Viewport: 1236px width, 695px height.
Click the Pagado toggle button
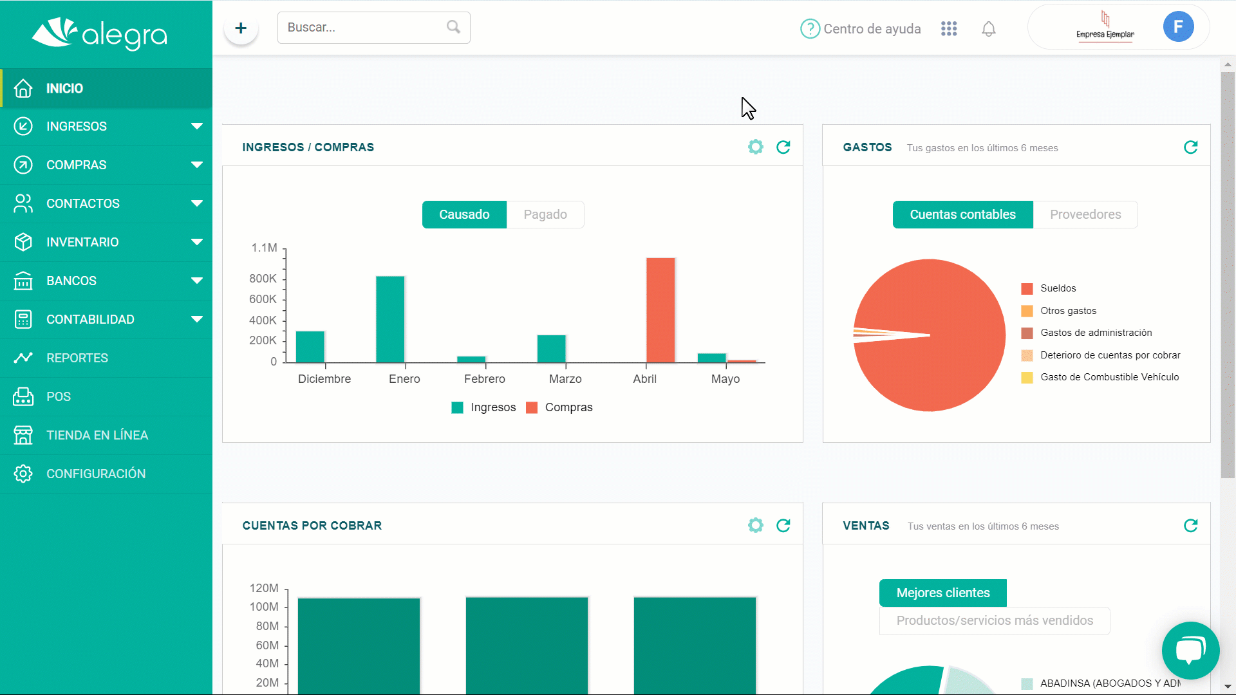click(x=545, y=214)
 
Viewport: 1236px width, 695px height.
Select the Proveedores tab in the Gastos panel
click(x=1085, y=214)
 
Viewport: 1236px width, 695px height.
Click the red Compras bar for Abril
click(x=660, y=310)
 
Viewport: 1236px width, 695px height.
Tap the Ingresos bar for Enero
click(x=390, y=319)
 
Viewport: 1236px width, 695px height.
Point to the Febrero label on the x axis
click(x=485, y=379)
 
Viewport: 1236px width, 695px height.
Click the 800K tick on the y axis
click(x=263, y=279)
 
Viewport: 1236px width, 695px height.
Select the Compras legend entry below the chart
click(x=559, y=407)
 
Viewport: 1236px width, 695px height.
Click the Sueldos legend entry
click(x=1049, y=288)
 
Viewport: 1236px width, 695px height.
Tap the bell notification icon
click(x=989, y=29)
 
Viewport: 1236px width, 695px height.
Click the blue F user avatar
click(x=1178, y=27)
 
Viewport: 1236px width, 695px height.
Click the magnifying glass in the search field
click(x=453, y=27)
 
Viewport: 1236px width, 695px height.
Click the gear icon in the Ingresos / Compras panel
click(x=756, y=147)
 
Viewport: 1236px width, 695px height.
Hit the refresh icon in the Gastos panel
click(x=1191, y=147)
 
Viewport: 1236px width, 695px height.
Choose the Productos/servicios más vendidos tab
click(x=995, y=620)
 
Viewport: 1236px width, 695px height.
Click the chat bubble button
click(x=1191, y=651)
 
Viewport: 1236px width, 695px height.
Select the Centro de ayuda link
click(x=861, y=29)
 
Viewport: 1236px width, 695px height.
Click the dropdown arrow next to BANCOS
click(x=197, y=281)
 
